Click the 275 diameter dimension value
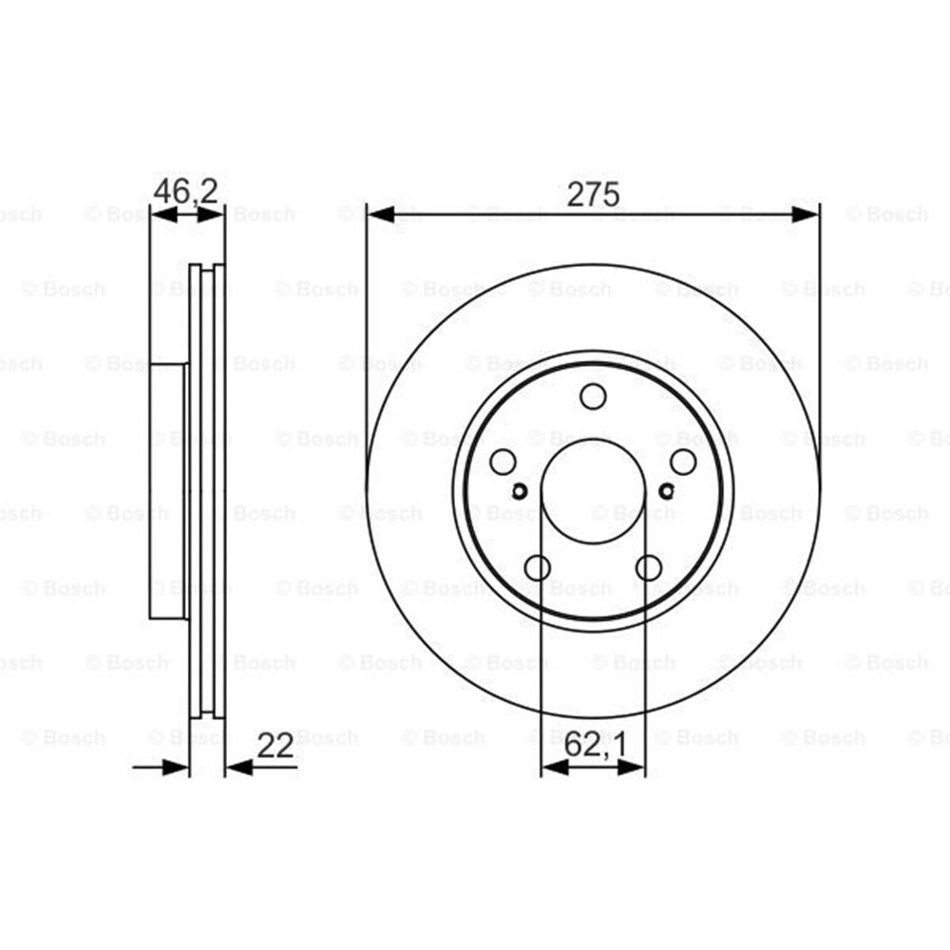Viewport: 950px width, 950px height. [593, 194]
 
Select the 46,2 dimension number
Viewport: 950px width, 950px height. [185, 192]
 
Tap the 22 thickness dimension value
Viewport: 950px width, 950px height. [275, 745]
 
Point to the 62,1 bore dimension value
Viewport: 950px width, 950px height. [595, 745]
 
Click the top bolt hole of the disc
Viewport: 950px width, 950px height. [593, 397]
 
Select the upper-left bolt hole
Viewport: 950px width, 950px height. [503, 463]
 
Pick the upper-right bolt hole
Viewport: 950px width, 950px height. [683, 463]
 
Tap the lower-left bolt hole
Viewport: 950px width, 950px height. [538, 568]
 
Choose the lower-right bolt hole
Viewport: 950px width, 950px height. [649, 568]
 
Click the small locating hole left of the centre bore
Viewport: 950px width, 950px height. [520, 491]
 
